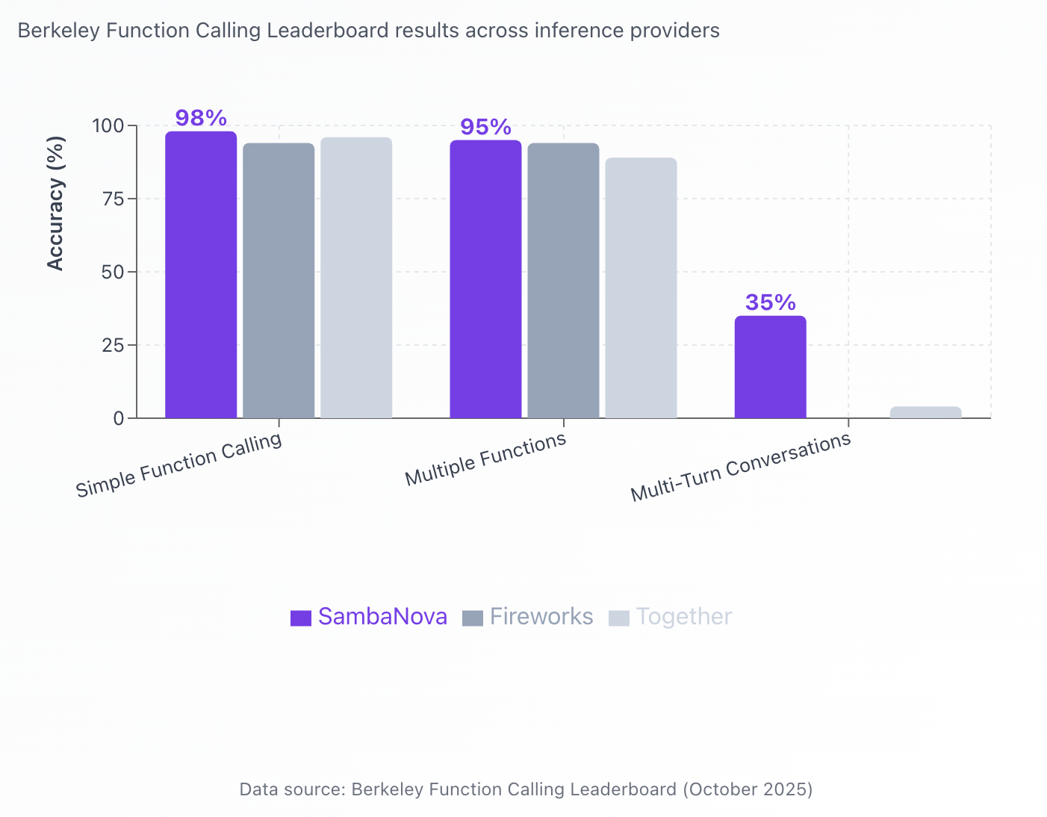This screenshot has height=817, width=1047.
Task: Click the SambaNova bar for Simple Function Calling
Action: tap(201, 275)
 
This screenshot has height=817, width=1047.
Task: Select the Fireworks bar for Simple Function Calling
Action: tap(279, 281)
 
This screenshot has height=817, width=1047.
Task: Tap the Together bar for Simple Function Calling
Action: tap(356, 278)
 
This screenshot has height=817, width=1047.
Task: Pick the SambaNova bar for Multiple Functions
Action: tap(485, 279)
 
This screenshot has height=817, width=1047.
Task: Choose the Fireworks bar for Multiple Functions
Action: tap(563, 281)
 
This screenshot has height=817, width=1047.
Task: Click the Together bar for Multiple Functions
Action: tap(641, 288)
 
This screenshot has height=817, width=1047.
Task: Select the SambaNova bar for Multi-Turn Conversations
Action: tap(770, 367)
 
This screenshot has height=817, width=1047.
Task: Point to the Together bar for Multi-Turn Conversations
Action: tap(925, 412)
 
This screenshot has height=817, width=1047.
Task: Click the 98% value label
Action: tap(201, 118)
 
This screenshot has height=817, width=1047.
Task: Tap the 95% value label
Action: tap(485, 127)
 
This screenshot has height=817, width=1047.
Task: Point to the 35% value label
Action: tap(770, 302)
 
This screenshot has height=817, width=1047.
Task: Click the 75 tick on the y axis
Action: tap(113, 199)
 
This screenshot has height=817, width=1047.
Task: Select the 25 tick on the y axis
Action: tap(113, 345)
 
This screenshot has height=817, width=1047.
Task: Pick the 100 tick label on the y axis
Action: tap(108, 125)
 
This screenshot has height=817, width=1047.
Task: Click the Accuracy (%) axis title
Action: tap(56, 203)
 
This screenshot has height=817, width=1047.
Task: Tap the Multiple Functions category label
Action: tap(485, 459)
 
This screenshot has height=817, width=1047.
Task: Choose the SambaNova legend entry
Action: tap(369, 617)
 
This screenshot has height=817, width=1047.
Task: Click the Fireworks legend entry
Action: tap(528, 617)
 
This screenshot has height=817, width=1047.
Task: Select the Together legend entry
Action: tap(671, 617)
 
